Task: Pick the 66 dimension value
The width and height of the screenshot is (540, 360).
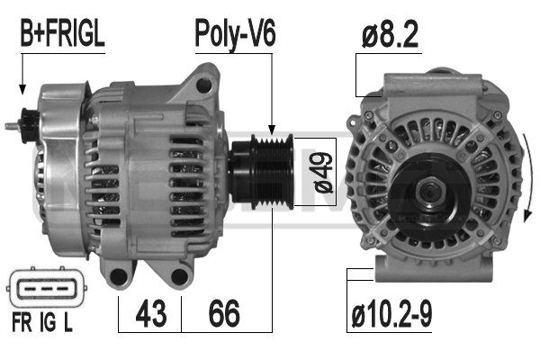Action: coord(224,314)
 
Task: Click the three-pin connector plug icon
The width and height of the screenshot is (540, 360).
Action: coord(41,290)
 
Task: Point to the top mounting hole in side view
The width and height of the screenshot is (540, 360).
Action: coord(205,84)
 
